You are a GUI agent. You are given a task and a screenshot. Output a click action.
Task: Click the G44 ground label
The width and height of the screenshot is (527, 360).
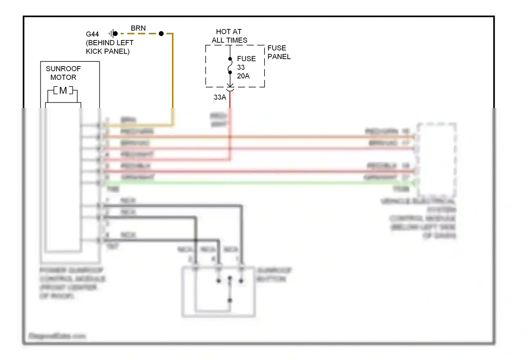92,34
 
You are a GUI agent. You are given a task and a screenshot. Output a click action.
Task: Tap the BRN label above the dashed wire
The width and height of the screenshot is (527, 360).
138,28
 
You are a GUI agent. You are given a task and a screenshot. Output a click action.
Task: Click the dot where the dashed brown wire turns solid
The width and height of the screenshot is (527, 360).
161,34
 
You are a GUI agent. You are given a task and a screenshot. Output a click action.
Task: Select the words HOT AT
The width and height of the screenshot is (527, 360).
229,32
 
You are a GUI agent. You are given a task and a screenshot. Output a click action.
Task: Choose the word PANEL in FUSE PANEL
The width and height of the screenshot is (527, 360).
279,57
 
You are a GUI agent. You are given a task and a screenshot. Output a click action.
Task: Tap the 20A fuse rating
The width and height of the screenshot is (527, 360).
243,76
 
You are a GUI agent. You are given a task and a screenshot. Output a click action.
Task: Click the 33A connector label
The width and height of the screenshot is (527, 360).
220,97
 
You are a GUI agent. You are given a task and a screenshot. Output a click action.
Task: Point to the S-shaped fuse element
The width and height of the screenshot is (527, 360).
230,66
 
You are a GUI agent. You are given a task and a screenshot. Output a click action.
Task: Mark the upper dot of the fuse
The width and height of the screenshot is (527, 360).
230,59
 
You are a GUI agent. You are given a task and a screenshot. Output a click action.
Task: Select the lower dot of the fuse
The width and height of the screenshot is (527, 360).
230,72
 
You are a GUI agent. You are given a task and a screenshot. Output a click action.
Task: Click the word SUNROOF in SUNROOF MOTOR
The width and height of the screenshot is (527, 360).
63,69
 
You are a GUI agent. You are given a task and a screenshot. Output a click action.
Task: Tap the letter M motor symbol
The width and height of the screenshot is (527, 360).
63,91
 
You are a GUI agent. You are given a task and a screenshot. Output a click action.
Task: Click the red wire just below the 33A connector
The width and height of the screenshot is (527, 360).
230,100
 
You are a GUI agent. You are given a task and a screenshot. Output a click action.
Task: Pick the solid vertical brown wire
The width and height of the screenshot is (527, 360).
173,70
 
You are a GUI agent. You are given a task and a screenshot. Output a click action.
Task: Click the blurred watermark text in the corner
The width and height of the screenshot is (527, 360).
57,336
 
